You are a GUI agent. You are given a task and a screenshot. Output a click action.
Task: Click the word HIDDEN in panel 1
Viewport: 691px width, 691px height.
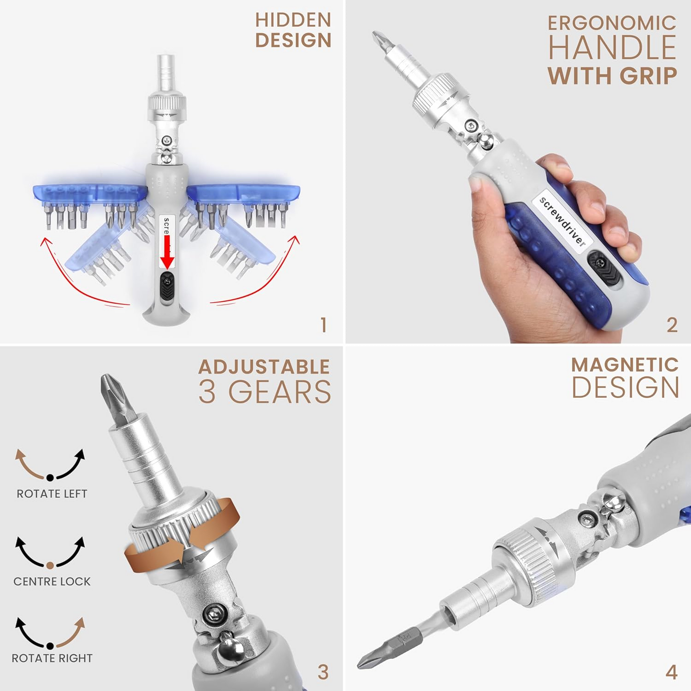293,20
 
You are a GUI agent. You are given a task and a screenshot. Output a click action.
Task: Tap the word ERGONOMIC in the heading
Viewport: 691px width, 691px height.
612,23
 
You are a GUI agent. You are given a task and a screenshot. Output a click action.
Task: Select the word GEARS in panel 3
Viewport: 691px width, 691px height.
280,392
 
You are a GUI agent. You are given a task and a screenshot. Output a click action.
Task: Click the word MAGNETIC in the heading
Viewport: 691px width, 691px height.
625,365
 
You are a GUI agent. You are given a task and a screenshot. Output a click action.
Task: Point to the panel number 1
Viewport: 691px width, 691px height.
324,325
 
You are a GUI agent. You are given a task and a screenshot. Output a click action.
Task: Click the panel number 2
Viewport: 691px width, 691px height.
672,325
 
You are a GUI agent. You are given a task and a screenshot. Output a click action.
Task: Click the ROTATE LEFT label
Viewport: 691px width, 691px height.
52,494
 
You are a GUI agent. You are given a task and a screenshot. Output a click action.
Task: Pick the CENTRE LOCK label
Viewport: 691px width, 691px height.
52,581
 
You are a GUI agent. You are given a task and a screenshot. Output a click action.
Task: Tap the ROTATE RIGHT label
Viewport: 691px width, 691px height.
52,658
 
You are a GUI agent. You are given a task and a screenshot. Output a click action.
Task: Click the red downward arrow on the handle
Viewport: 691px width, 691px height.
166,251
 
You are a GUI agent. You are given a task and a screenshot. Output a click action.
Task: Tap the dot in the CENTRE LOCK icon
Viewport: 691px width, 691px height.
50,565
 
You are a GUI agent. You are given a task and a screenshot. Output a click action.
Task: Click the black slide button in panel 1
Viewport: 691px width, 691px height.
167,285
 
